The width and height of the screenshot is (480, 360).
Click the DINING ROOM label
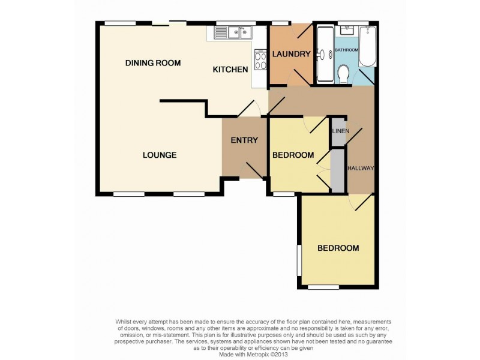click(152, 63)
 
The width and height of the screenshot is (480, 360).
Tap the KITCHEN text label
click(230, 70)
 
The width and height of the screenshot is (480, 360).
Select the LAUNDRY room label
click(291, 55)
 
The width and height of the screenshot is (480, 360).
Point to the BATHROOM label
click(346, 50)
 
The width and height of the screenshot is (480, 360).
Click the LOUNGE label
click(160, 155)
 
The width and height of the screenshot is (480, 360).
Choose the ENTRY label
click(244, 140)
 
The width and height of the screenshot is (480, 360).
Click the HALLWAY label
click(362, 168)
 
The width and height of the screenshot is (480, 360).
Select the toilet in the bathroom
click(344, 75)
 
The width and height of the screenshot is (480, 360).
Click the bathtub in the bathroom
click(367, 47)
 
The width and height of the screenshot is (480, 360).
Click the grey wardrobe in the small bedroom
click(338, 170)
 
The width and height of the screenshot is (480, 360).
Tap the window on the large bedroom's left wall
click(298, 259)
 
